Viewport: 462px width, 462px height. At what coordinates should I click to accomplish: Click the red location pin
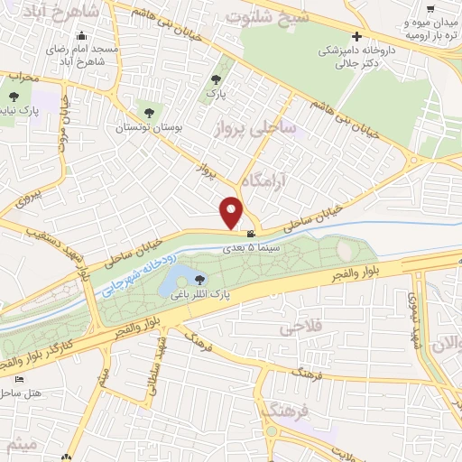click(x=233, y=210)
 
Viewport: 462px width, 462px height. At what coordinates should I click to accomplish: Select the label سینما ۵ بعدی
click(x=258, y=246)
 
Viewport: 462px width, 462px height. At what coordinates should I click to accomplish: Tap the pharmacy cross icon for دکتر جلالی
click(x=358, y=38)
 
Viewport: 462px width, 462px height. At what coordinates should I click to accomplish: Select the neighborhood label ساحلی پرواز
click(x=255, y=130)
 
